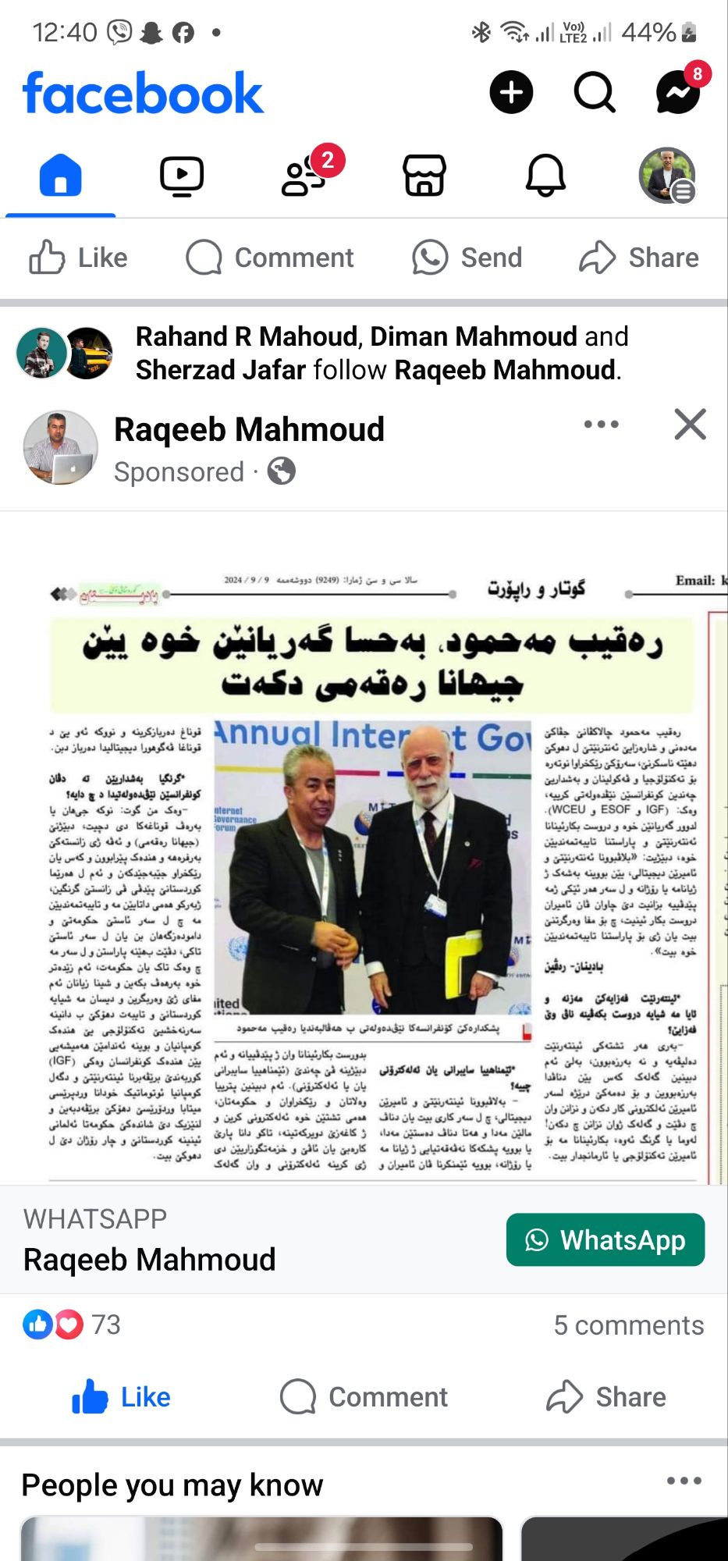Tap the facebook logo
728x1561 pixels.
click(x=143, y=93)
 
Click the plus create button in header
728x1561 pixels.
click(x=511, y=92)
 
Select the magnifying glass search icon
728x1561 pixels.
click(x=595, y=92)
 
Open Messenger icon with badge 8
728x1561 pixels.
click(x=677, y=92)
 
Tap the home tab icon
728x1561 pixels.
click(x=61, y=175)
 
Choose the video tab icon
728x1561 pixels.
click(x=182, y=175)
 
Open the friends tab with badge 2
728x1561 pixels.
click(x=304, y=176)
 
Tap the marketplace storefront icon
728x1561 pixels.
click(x=424, y=175)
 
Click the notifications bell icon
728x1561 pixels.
click(x=545, y=175)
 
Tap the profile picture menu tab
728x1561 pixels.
click(x=666, y=175)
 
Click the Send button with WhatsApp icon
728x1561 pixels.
click(x=467, y=258)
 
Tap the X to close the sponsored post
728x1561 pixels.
click(x=690, y=425)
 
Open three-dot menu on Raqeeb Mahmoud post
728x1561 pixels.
click(x=602, y=425)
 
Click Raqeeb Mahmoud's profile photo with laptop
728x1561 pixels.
click(x=61, y=448)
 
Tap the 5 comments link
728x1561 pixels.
click(x=628, y=1325)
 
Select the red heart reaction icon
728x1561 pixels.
click(x=69, y=1325)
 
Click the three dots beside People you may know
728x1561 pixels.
click(x=684, y=1481)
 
